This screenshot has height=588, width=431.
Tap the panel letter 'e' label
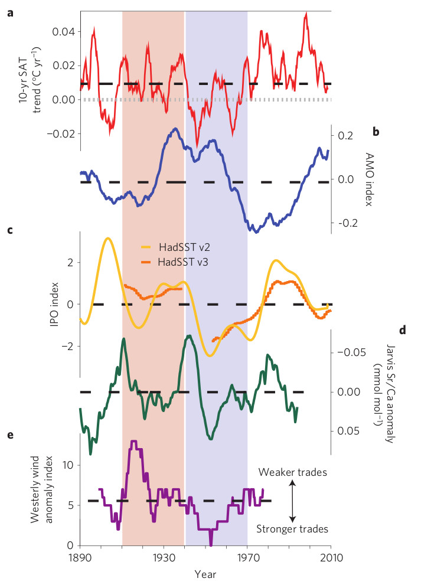(x=9, y=436)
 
